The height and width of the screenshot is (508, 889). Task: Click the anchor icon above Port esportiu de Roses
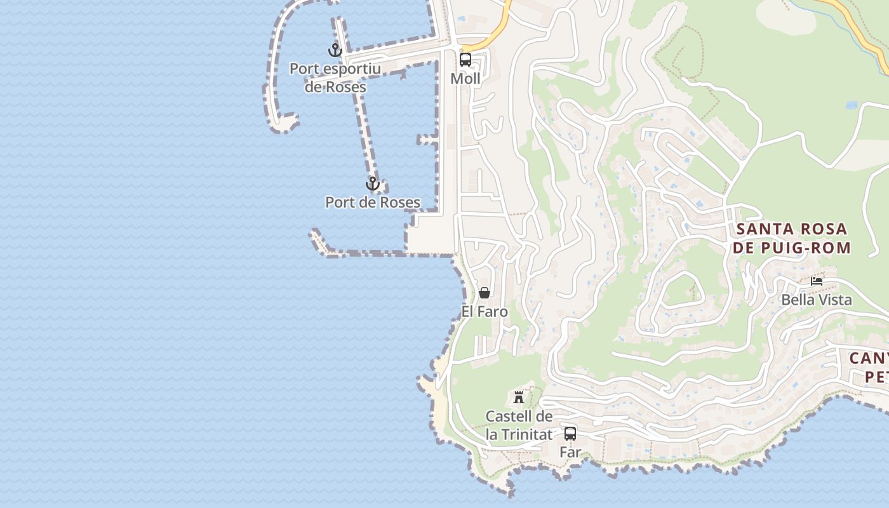pyautogui.click(x=335, y=50)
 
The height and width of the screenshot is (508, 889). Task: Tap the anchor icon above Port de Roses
pyautogui.click(x=373, y=184)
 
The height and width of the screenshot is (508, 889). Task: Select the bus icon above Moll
pyautogui.click(x=465, y=60)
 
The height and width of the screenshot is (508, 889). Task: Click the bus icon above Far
pyautogui.click(x=570, y=434)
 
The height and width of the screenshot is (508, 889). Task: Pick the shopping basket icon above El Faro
pyautogui.click(x=485, y=293)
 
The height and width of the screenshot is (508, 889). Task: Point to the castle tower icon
pyautogui.click(x=519, y=398)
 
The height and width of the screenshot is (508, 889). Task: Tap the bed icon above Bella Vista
pyautogui.click(x=817, y=281)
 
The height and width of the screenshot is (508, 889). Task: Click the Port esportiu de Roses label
pyautogui.click(x=335, y=77)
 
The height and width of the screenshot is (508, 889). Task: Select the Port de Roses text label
pyautogui.click(x=373, y=203)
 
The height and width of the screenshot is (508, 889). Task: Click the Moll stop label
pyautogui.click(x=465, y=79)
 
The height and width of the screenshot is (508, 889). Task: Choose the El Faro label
pyautogui.click(x=485, y=312)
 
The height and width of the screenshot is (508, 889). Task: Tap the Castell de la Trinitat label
pyautogui.click(x=519, y=425)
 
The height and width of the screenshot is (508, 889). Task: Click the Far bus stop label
pyautogui.click(x=570, y=452)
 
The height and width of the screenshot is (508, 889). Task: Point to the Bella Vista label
pyautogui.click(x=817, y=300)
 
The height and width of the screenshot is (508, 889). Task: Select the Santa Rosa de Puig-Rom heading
pyautogui.click(x=792, y=238)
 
